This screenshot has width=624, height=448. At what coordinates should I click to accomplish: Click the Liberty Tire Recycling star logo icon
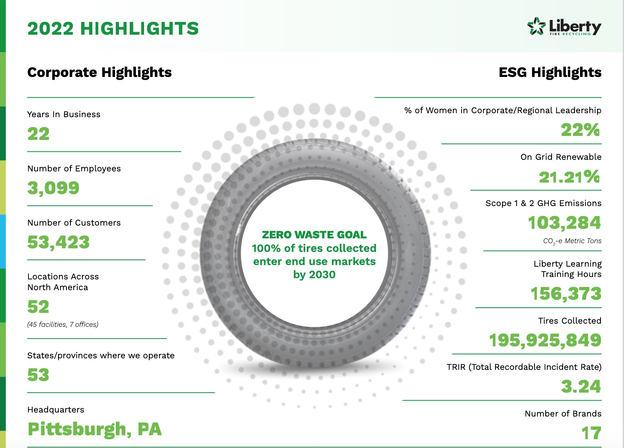[x=536, y=27]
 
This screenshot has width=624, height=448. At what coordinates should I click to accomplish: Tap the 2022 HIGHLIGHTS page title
[x=113, y=29]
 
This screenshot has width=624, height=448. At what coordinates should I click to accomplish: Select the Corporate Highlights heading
[x=99, y=73]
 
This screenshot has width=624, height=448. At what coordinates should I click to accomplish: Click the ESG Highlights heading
[x=550, y=73]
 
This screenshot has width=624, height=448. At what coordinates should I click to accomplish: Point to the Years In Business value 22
[x=39, y=134]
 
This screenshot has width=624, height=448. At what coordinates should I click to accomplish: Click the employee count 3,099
[x=53, y=188]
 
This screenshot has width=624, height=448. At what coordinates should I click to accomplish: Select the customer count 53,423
[x=58, y=242]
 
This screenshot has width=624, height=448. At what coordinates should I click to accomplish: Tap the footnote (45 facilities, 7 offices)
[x=63, y=324]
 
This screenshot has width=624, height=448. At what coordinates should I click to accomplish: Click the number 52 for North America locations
[x=38, y=307]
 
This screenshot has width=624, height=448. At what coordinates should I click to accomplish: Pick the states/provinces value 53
[x=38, y=375]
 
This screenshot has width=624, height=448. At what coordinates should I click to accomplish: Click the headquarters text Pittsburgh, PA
[x=95, y=429]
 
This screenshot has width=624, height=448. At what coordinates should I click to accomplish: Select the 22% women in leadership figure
[x=580, y=130]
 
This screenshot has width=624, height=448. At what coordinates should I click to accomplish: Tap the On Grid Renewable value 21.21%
[x=569, y=177]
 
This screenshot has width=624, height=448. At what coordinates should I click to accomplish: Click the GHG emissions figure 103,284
[x=564, y=223]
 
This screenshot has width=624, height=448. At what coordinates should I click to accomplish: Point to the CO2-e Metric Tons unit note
[x=572, y=241]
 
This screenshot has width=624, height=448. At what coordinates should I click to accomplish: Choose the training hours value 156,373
[x=566, y=294]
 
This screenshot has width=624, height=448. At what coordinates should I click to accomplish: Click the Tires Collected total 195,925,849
[x=545, y=340]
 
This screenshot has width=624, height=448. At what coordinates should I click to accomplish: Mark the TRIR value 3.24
[x=581, y=387]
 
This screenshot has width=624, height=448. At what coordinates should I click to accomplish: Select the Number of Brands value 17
[x=591, y=433]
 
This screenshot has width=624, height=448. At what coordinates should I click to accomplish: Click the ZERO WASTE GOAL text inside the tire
[x=314, y=235]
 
